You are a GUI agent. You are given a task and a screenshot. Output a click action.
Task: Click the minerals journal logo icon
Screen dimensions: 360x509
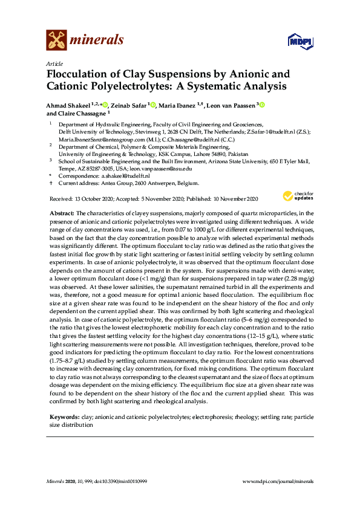coord(56,40)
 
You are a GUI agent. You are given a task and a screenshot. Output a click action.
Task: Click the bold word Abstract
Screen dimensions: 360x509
coord(61,213)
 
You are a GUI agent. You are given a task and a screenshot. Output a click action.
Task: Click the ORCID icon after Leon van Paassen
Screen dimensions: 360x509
coord(262,105)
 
